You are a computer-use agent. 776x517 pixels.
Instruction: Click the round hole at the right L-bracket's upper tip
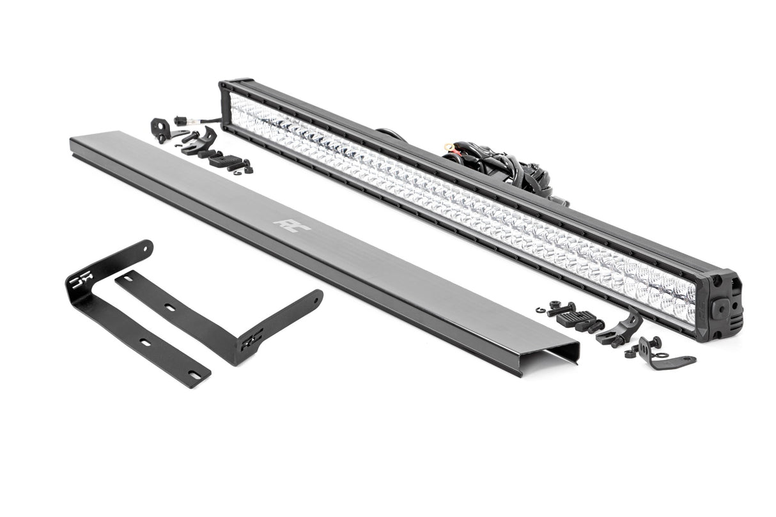tap(316, 295)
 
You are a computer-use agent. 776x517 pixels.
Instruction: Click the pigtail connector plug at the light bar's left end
tap(181, 120)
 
